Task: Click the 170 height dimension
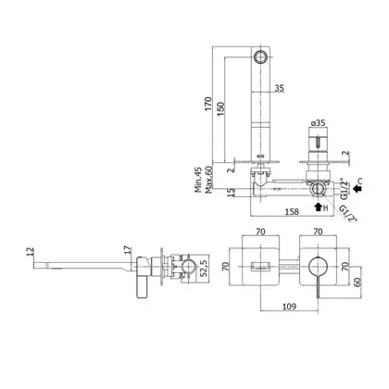[208, 104]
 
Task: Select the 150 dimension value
[220, 108]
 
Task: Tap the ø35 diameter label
[318, 123]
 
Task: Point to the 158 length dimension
[292, 211]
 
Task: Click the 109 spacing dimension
[289, 307]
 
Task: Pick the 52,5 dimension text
[203, 269]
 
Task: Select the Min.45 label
[198, 180]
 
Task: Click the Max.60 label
[208, 180]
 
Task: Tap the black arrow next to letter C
[357, 188]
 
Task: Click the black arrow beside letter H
[318, 207]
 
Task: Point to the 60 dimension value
[357, 282]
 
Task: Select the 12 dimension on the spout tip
[30, 251]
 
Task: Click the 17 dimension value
[128, 250]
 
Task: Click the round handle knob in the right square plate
[318, 267]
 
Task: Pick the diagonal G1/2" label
[348, 214]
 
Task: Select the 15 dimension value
[231, 193]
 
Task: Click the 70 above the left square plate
[260, 232]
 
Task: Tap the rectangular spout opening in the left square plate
[261, 266]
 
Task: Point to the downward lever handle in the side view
[142, 288]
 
